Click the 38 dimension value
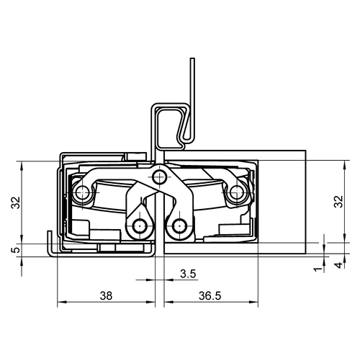(106, 295)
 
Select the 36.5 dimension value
(210, 295)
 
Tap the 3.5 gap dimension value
(188, 274)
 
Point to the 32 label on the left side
(16, 202)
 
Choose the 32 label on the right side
(338, 201)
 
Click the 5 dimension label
(16, 250)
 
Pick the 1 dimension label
(318, 269)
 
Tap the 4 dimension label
(338, 265)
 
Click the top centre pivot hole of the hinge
(158, 177)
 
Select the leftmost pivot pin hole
(82, 192)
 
